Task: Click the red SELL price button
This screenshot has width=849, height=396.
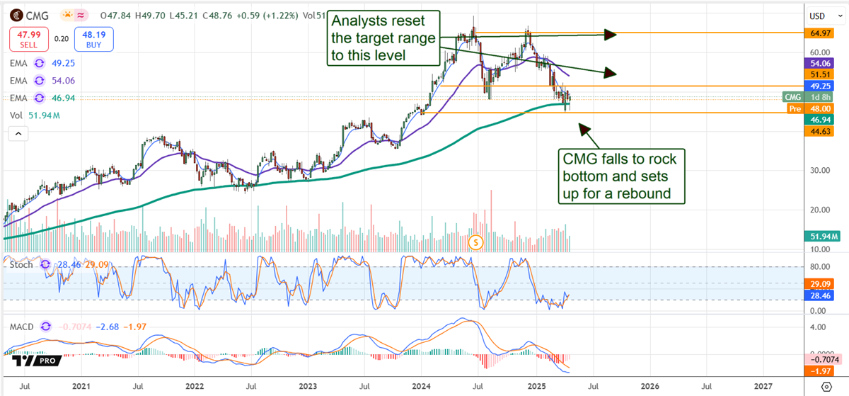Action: tap(28, 39)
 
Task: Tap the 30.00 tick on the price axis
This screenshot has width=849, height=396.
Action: tap(819, 170)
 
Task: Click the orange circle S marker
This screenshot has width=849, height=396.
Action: tap(476, 242)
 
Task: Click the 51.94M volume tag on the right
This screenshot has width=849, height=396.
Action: tap(824, 237)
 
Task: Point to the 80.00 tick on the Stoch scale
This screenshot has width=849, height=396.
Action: tap(819, 267)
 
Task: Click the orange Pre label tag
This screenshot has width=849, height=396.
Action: tap(796, 108)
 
